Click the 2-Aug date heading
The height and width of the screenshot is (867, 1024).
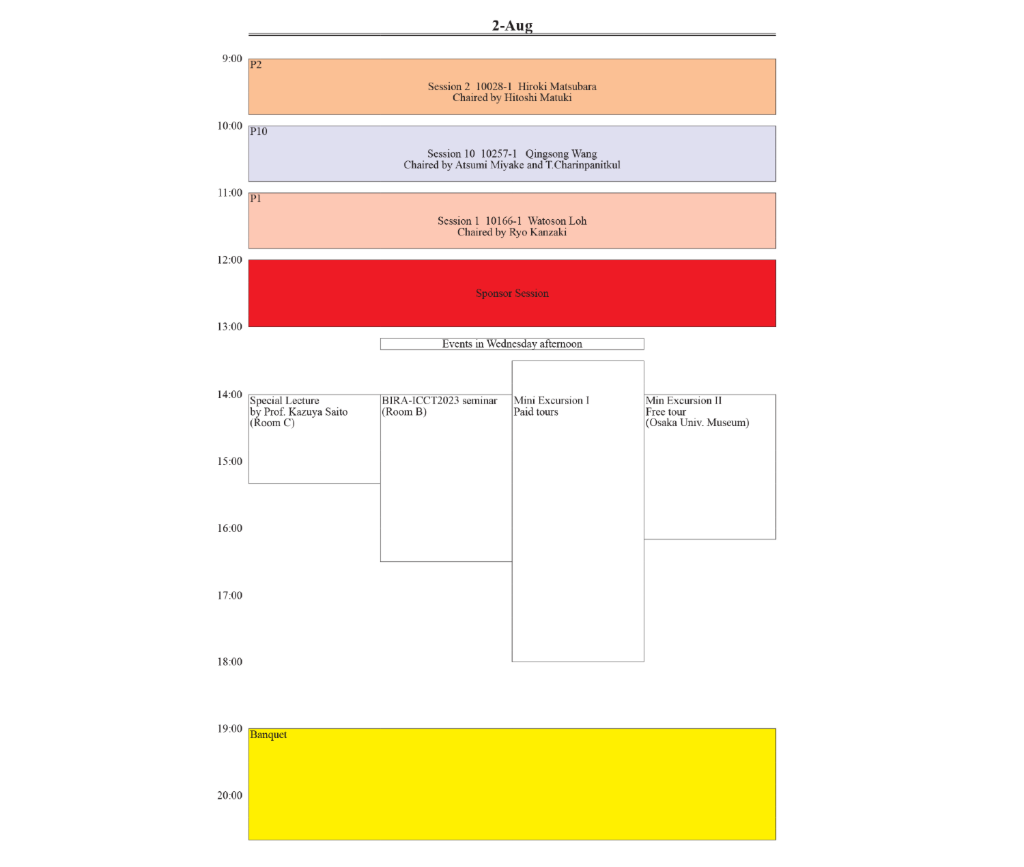point(512,26)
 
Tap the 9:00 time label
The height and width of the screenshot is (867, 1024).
point(232,59)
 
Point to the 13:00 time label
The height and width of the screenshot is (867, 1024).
point(230,326)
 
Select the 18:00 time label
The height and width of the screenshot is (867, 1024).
point(230,662)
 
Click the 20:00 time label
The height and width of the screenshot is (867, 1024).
point(230,795)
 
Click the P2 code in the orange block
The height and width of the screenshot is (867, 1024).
point(256,65)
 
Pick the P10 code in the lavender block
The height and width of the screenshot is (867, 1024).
point(259,132)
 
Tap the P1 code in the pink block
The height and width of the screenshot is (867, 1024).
point(256,199)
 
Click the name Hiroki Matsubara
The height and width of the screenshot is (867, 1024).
point(557,87)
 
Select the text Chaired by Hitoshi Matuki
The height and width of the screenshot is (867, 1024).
point(512,98)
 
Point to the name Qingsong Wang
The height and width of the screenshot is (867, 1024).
point(561,154)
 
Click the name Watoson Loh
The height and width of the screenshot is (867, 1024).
point(557,221)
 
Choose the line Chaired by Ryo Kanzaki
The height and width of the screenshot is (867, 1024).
point(512,232)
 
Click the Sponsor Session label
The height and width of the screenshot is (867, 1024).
point(512,294)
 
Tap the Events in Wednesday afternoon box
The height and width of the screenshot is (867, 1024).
point(512,344)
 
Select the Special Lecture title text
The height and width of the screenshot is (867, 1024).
point(285,401)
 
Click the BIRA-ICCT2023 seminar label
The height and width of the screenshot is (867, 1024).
point(439,401)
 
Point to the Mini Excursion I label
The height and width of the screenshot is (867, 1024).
point(552,401)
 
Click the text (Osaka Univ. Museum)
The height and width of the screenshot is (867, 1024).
point(697,423)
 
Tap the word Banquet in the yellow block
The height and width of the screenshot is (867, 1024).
point(268,735)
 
